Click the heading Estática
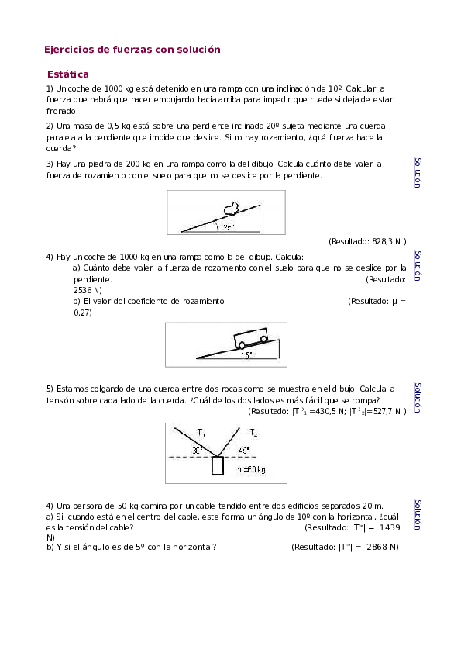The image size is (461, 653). [67, 74]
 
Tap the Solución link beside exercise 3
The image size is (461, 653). [418, 173]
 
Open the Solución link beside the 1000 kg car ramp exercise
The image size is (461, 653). [418, 265]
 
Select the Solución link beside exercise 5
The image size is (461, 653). [418, 397]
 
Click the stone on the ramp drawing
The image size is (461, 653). [230, 207]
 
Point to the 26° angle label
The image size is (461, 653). [228, 228]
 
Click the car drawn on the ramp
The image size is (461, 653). [251, 340]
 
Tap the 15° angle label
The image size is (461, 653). [246, 355]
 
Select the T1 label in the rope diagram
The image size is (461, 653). [201, 432]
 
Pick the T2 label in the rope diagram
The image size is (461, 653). [253, 432]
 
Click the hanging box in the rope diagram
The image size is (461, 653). [218, 465]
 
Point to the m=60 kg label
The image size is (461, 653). [252, 470]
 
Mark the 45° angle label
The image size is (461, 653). [244, 450]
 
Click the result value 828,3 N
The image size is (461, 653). [380, 242]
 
